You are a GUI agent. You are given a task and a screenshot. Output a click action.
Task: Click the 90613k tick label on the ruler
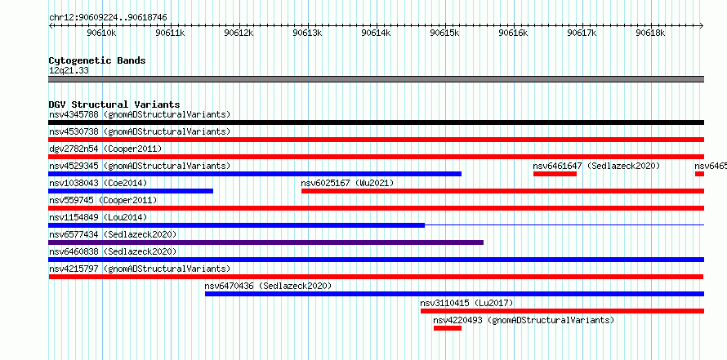point(308,33)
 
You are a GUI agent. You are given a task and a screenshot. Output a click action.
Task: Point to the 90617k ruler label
point(582,33)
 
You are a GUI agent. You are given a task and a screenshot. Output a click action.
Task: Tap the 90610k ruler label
point(101,33)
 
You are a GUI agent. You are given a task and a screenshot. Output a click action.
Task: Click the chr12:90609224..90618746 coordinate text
point(108,18)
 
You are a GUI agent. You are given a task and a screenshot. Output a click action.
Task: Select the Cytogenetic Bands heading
point(97,60)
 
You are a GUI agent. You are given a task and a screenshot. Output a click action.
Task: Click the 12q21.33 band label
point(69,71)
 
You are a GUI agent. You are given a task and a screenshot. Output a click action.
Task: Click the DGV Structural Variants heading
point(114,104)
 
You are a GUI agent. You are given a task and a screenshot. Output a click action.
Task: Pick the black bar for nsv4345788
point(376,122)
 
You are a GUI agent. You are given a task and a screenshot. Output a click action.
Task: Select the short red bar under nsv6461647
point(555,174)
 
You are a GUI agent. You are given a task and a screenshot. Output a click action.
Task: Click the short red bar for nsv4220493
point(448,328)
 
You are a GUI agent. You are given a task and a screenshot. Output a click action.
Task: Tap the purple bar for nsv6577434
point(266,242)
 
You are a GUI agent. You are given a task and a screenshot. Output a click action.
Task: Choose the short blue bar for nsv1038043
point(131,191)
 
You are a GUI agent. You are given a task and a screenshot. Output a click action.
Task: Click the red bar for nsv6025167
point(502,191)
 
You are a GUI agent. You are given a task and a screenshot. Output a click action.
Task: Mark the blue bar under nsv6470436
point(454,294)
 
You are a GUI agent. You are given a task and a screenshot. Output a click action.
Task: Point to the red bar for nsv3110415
point(563,311)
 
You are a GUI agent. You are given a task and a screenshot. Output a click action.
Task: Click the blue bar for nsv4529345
point(255,174)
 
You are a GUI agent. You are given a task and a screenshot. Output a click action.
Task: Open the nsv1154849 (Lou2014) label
point(98,217)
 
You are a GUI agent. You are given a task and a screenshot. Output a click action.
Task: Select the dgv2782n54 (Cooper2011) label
point(105,149)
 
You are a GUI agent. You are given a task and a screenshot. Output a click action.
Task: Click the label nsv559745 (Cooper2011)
point(103,200)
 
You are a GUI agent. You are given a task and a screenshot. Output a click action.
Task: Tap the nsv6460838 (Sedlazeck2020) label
point(113,251)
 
